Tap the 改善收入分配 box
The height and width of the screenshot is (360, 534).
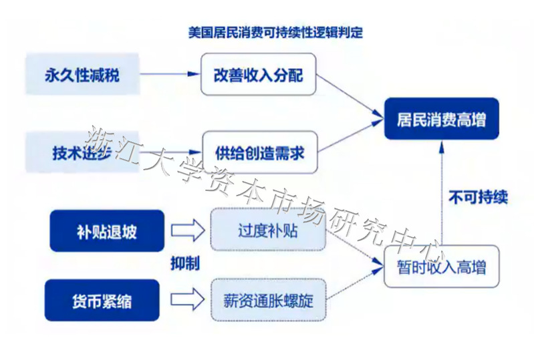click(x=258, y=74)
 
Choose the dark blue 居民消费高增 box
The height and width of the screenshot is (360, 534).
click(x=441, y=120)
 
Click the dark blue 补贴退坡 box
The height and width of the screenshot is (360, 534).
click(x=106, y=232)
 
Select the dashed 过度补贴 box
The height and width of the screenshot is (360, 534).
click(x=267, y=232)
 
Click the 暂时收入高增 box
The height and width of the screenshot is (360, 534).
click(x=441, y=268)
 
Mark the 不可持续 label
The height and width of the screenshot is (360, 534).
click(x=477, y=197)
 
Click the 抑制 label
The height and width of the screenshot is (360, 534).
click(x=184, y=264)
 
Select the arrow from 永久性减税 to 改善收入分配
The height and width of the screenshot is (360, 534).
click(x=170, y=74)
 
